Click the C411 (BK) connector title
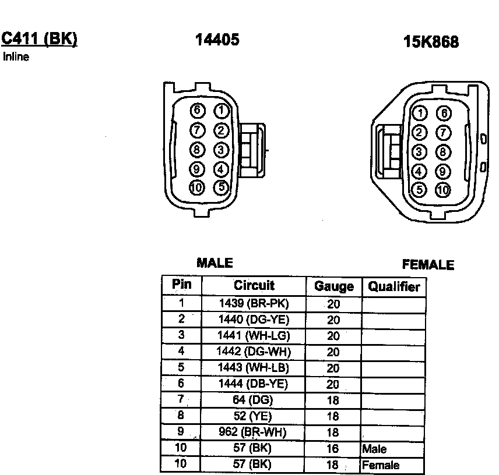[x=40, y=40]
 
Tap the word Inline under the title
[x=16, y=57]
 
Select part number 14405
[x=217, y=40]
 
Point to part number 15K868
[x=431, y=42]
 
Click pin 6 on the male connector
[x=197, y=110]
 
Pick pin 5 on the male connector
[x=222, y=187]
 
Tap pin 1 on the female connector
[x=420, y=113]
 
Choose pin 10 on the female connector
[x=443, y=190]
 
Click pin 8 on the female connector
[x=443, y=152]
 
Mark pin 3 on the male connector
[x=221, y=150]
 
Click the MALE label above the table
[x=215, y=263]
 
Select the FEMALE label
[x=428, y=265]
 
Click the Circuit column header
[x=254, y=285]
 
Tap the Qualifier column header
[x=394, y=286]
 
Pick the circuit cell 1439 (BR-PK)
[x=254, y=303]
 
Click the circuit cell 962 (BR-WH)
[x=252, y=432]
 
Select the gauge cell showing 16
[x=332, y=448]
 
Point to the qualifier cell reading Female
[x=381, y=465]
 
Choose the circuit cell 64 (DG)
[x=252, y=400]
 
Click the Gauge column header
[x=334, y=286]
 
